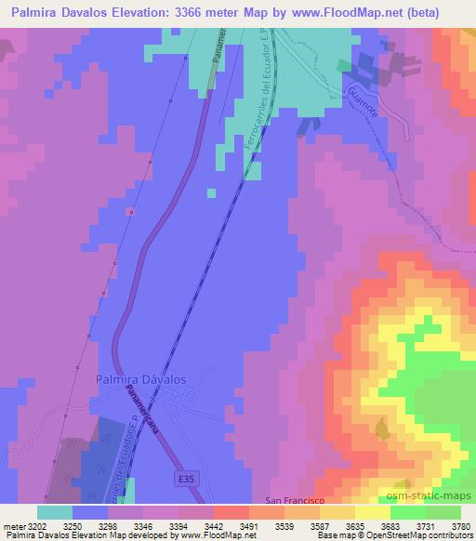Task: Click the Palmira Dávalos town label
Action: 140,379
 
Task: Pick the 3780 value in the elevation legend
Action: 461,525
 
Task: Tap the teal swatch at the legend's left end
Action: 55,512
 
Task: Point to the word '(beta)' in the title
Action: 438,12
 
